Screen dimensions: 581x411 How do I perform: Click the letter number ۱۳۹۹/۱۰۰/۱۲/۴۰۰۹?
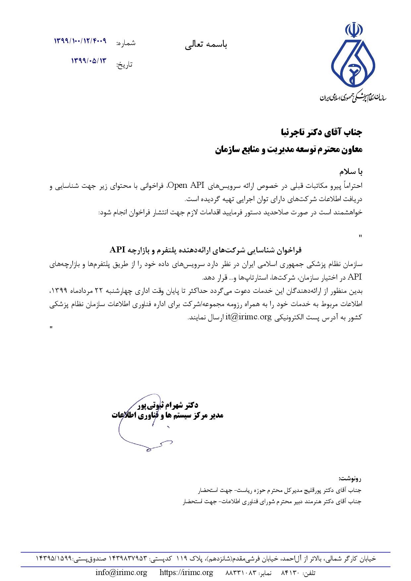[x=80, y=41]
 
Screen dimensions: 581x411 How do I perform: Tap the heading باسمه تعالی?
[x=206, y=45]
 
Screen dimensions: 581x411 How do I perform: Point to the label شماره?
[x=126, y=43]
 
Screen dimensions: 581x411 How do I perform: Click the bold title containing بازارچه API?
[x=206, y=249]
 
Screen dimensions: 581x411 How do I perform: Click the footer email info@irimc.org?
[x=121, y=572]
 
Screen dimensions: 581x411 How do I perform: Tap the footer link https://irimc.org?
[x=186, y=572]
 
